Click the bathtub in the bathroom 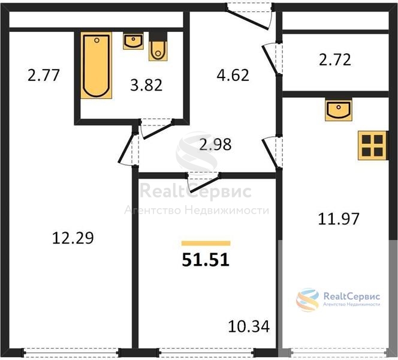pyautogui.click(x=97, y=65)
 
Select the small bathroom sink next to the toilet pyautogui.click(x=133, y=41)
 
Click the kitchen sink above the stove pyautogui.click(x=338, y=110)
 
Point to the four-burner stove pyautogui.click(x=372, y=145)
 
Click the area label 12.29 pyautogui.click(x=73, y=238)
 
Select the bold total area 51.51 pyautogui.click(x=206, y=260)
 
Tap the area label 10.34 pyautogui.click(x=249, y=326)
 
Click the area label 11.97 pyautogui.click(x=339, y=219)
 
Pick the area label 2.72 pyautogui.click(x=335, y=60)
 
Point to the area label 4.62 pyautogui.click(x=233, y=75)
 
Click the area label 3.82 pyautogui.click(x=146, y=85)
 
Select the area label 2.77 pyautogui.click(x=44, y=75)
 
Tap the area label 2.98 pyautogui.click(x=215, y=145)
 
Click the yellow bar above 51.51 pyautogui.click(x=206, y=244)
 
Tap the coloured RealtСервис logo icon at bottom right pyautogui.click(x=307, y=300)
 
